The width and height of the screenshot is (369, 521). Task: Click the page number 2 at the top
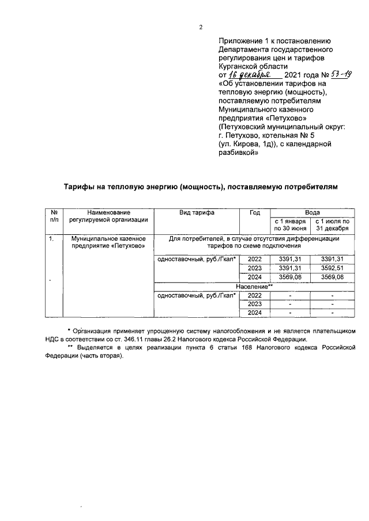click(x=201, y=26)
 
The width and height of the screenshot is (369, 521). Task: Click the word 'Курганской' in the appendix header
click(x=240, y=66)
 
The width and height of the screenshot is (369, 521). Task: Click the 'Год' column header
click(x=254, y=212)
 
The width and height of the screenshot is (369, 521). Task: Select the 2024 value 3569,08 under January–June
click(x=289, y=277)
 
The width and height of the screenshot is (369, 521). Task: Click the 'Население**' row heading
click(x=254, y=286)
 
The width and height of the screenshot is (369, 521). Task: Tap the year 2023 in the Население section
click(x=254, y=304)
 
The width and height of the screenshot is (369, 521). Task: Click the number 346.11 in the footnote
click(x=154, y=340)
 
